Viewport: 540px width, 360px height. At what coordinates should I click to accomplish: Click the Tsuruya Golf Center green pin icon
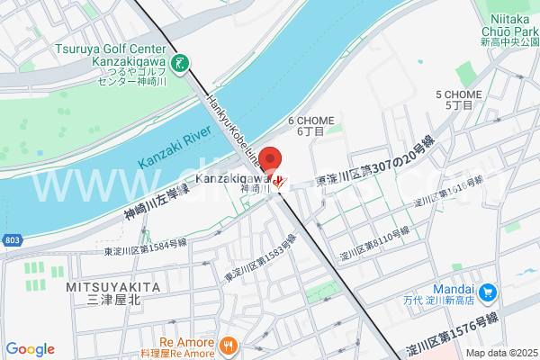point(182,63)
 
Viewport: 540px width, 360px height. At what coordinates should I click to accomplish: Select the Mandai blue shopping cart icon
point(488,292)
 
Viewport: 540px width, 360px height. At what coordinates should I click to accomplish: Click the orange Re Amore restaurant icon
point(229,343)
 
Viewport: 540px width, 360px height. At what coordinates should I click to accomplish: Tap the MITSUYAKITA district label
point(112,286)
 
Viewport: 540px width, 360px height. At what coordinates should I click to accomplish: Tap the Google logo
point(30,349)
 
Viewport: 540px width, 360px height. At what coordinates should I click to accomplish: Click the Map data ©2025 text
point(499,354)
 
